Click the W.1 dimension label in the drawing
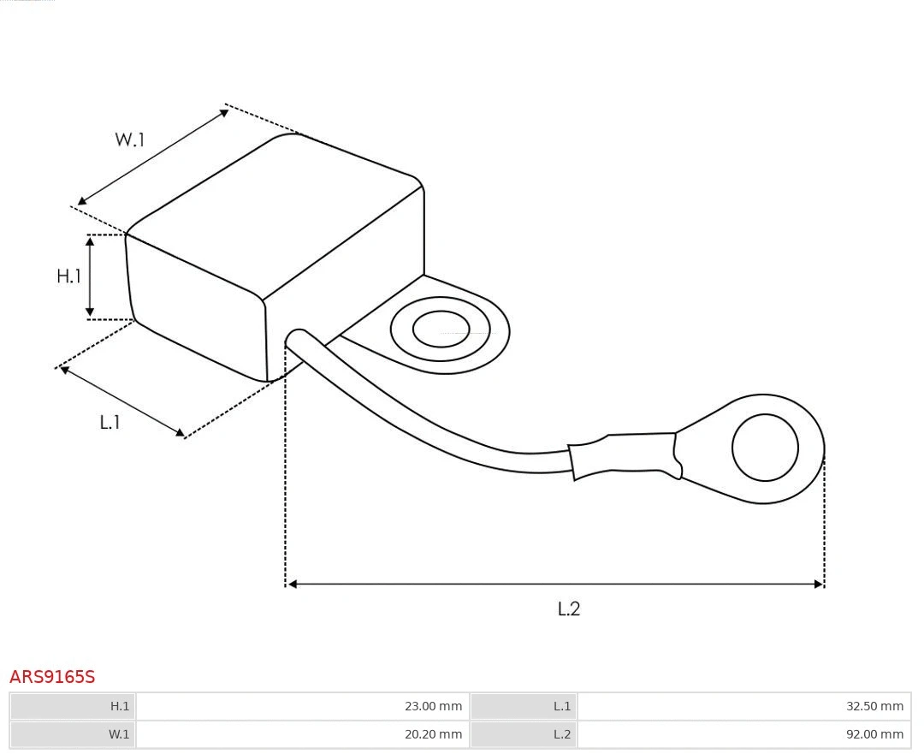pyautogui.click(x=130, y=140)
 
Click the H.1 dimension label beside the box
pyautogui.click(x=68, y=276)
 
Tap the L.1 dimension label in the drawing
pyautogui.click(x=110, y=422)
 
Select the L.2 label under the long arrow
pyautogui.click(x=569, y=609)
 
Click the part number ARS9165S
pyautogui.click(x=52, y=677)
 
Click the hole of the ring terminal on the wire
pyautogui.click(x=765, y=448)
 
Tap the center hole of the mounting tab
pyautogui.click(x=441, y=330)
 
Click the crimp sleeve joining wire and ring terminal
pyautogui.click(x=625, y=455)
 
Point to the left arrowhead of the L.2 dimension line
pyautogui.click(x=292, y=584)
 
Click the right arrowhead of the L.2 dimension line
pyautogui.click(x=818, y=584)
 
